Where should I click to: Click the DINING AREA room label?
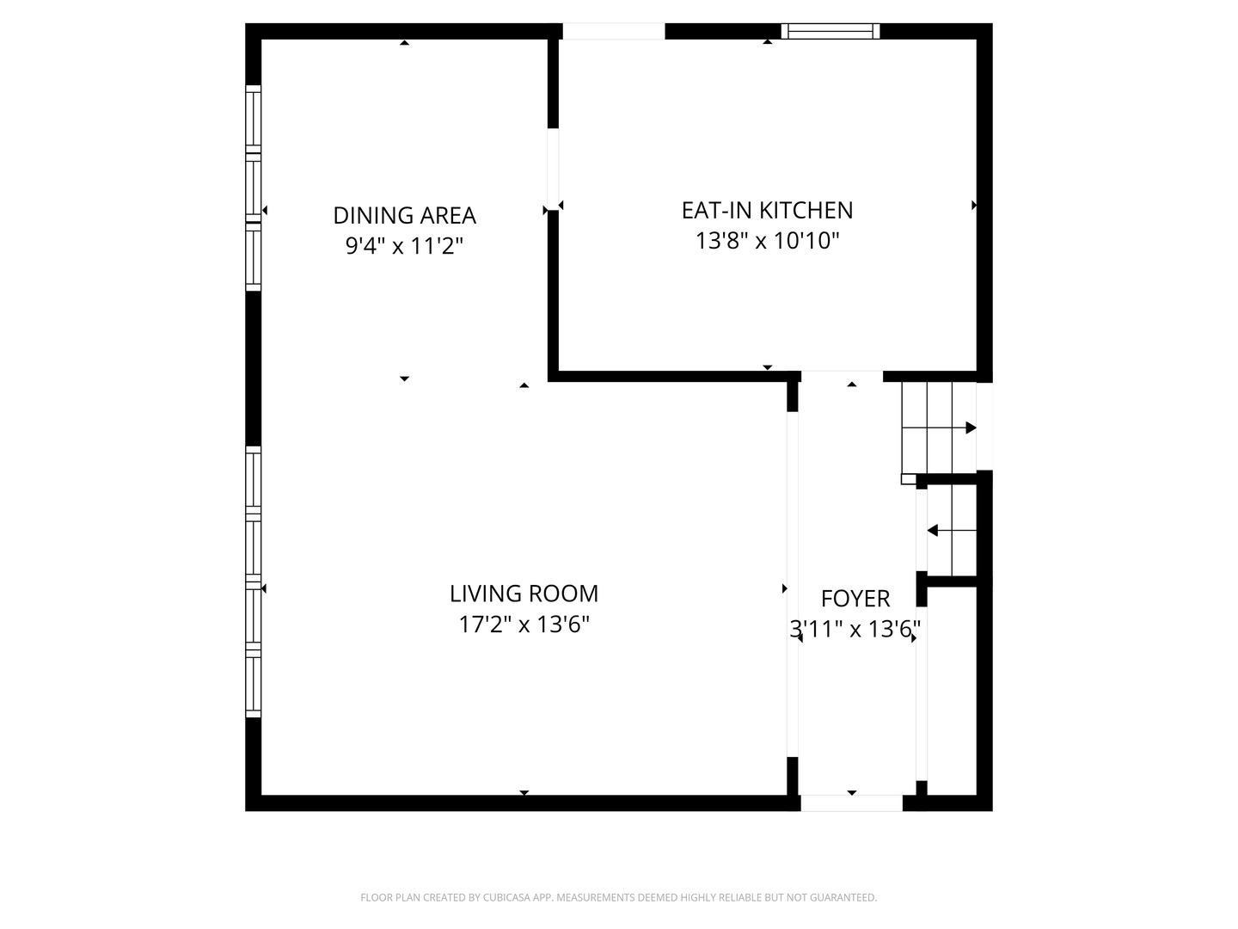(x=404, y=215)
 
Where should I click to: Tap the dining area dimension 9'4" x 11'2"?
(x=404, y=246)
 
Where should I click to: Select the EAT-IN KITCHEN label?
(x=767, y=211)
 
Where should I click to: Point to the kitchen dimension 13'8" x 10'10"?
(x=767, y=241)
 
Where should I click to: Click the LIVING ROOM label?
(x=524, y=594)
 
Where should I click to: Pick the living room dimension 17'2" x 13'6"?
(x=524, y=624)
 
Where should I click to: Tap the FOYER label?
(x=855, y=599)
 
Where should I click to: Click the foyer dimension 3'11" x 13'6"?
(x=855, y=629)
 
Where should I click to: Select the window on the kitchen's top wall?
(x=830, y=31)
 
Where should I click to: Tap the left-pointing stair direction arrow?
(x=952, y=530)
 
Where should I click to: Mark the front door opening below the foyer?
(x=852, y=803)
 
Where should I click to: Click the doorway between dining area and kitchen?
(x=554, y=169)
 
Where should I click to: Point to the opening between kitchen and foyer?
(x=842, y=376)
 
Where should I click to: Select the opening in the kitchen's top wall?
(x=614, y=31)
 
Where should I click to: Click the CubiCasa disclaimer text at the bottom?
(x=619, y=897)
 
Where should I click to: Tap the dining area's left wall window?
(x=254, y=188)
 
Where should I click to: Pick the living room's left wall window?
(x=254, y=581)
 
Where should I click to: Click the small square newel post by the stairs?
(x=908, y=479)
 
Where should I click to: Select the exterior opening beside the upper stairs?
(x=984, y=426)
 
